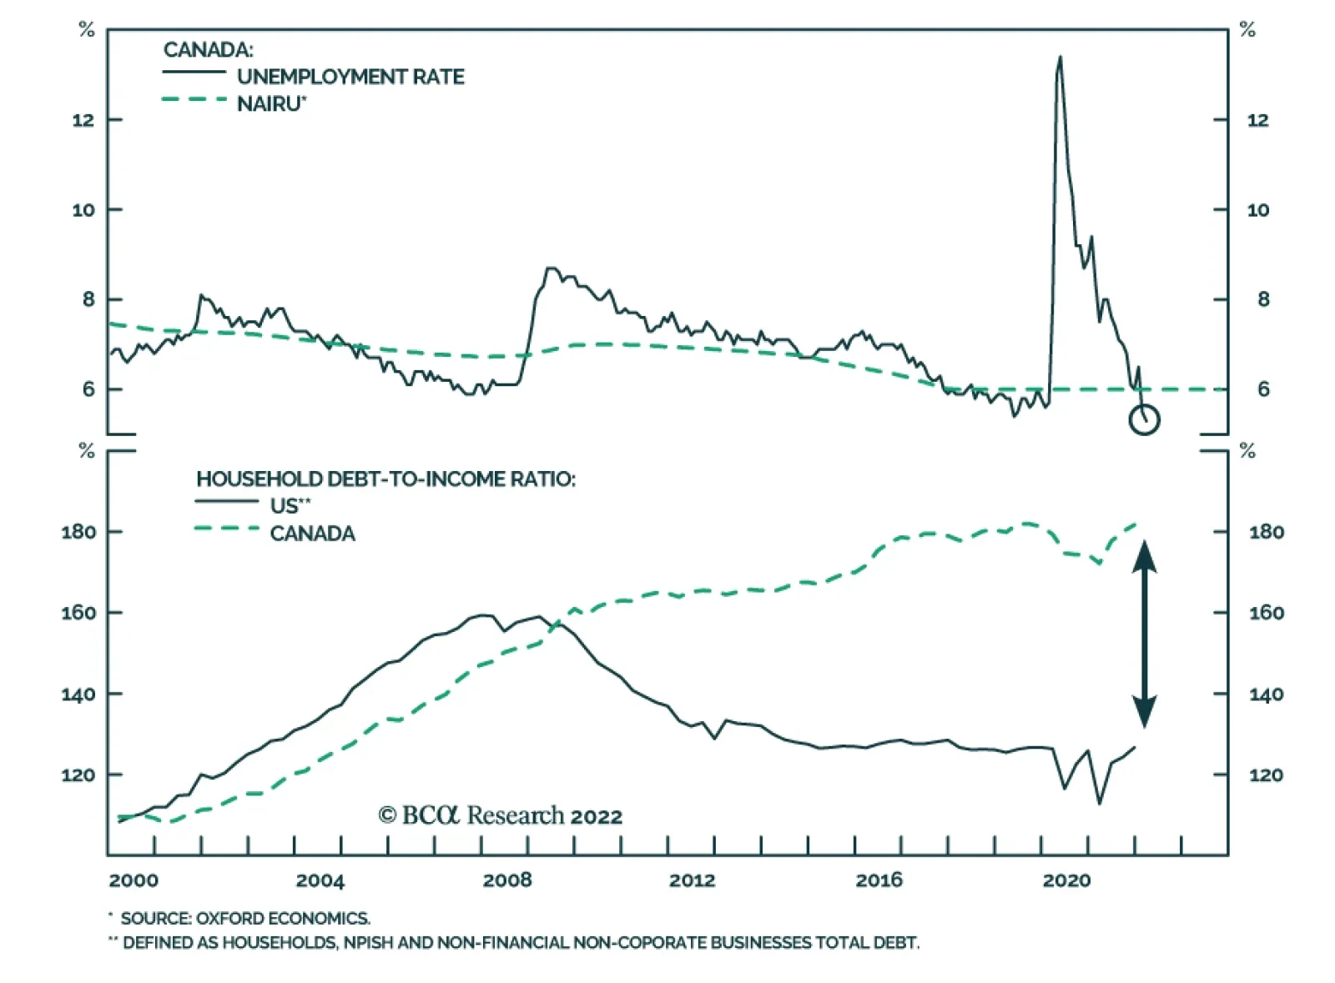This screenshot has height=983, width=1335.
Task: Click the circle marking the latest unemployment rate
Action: point(1144,419)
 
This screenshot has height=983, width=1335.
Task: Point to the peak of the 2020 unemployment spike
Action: point(1060,58)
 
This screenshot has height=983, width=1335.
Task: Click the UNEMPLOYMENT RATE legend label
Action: point(350,77)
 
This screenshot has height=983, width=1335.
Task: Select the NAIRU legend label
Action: point(272,104)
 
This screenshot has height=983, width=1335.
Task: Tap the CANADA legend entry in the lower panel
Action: point(312,534)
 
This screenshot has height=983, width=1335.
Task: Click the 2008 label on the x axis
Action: point(507,880)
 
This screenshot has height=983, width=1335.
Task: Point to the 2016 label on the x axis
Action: point(879,880)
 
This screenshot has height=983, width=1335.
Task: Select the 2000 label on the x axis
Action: point(133,880)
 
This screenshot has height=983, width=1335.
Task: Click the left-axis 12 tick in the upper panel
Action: point(83,120)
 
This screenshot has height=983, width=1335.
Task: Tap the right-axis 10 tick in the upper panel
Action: point(1257,210)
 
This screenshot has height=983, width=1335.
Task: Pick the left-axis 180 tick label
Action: point(78,532)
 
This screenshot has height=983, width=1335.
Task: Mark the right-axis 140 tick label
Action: point(1266,695)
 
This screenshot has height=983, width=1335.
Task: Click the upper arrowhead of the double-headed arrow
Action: point(1144,555)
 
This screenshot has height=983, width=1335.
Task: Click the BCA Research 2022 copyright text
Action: point(501,815)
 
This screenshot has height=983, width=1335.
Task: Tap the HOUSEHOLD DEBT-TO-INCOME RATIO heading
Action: point(385,479)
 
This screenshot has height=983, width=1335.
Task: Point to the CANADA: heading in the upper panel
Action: point(208,50)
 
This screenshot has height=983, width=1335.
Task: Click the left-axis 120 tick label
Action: point(78,775)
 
